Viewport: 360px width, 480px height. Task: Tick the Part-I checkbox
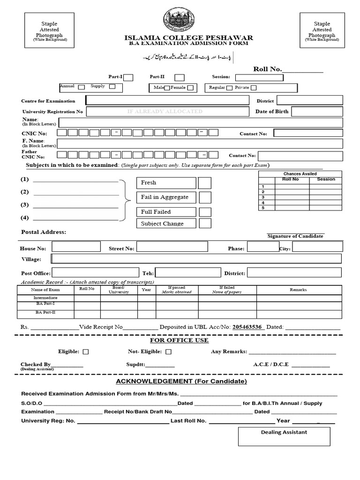coord(128,78)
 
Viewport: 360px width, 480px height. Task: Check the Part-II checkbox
coord(179,78)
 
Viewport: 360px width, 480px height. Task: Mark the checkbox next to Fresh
coord(205,183)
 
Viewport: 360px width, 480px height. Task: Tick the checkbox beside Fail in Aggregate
coord(205,197)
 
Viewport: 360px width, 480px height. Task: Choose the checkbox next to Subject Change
coord(205,224)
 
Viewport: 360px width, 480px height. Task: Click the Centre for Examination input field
coord(167,100)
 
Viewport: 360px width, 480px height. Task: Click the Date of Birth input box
coord(317,112)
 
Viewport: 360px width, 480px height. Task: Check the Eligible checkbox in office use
coord(86,352)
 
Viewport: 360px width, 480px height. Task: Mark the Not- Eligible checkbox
coord(169,352)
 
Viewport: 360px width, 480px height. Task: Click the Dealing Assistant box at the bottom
coord(284,436)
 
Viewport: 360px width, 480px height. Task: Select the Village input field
coord(196,259)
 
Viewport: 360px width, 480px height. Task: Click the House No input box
coord(76,247)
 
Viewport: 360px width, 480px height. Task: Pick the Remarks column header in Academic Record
coord(298,290)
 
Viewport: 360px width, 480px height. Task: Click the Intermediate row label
coord(46,298)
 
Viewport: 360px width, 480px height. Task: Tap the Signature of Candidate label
coord(295,236)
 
